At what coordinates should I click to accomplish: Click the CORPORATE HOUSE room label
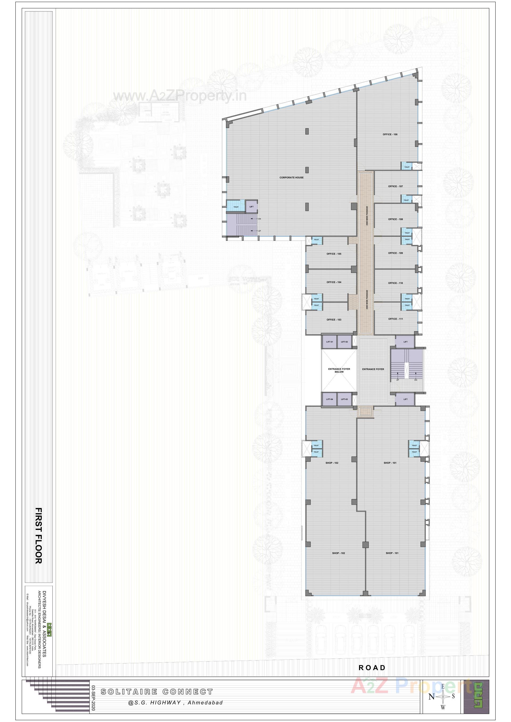(291, 178)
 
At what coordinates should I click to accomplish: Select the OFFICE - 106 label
(390, 134)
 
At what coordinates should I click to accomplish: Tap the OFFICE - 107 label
(395, 186)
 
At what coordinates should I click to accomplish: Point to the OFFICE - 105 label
(333, 254)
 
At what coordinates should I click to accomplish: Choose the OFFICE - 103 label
(333, 320)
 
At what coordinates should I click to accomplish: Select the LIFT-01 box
(329, 342)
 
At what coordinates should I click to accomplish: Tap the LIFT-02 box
(344, 342)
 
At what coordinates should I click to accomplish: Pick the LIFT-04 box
(329, 399)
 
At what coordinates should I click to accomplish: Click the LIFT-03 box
(344, 399)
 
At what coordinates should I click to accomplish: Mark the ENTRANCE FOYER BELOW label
(339, 370)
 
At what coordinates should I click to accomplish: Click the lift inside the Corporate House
(252, 207)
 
